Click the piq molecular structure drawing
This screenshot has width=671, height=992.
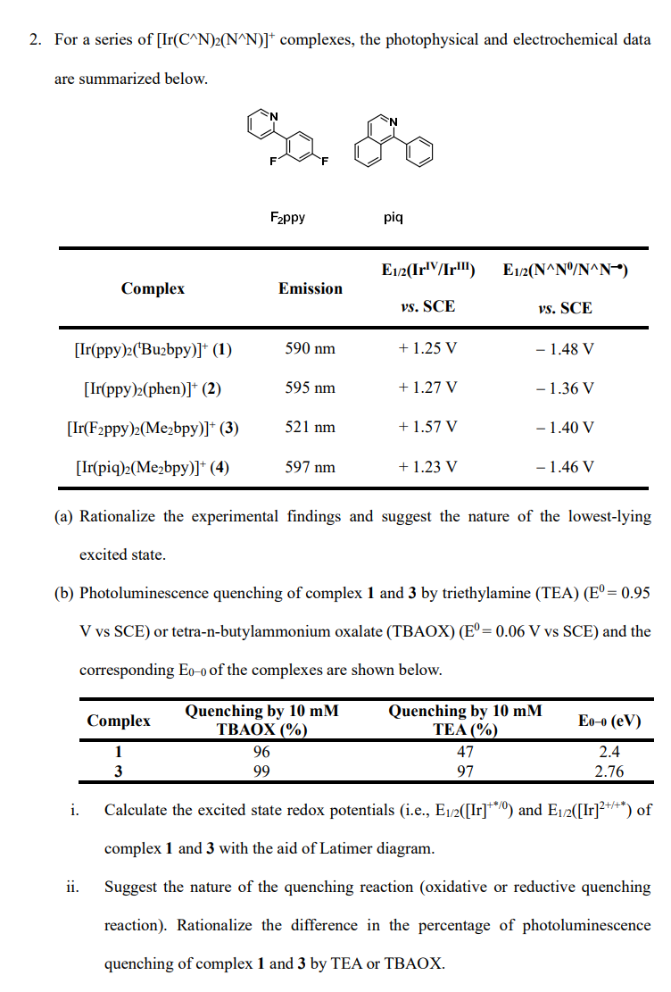[x=393, y=142]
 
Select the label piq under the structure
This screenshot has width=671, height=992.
[x=393, y=217]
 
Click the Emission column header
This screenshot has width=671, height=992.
[x=310, y=288]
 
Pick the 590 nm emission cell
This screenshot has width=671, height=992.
[x=310, y=348]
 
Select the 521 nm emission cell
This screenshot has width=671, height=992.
[x=310, y=427]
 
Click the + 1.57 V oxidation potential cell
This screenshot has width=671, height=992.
[x=427, y=427]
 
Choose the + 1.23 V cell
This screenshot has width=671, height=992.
[x=427, y=466]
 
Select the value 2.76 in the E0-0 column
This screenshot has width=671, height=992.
[x=609, y=771]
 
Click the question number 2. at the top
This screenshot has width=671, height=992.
[x=36, y=40]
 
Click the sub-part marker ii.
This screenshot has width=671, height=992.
[x=74, y=888]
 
